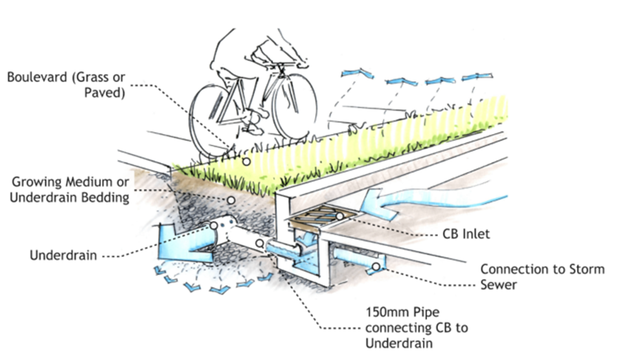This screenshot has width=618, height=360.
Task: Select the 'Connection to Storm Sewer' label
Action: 542,276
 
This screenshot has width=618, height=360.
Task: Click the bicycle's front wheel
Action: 294,107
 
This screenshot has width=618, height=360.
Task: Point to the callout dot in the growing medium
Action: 231,199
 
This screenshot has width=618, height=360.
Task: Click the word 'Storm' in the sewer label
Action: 586,269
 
